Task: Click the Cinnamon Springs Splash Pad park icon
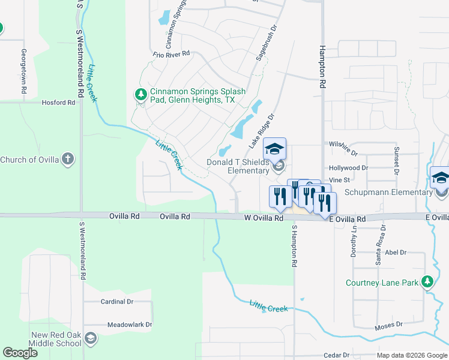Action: tap(140, 95)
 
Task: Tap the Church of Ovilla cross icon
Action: tap(68, 159)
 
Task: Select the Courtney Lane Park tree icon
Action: tap(427, 282)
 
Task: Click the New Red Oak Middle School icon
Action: tap(91, 339)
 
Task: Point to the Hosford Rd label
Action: tap(58, 103)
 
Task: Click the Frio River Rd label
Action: tap(171, 53)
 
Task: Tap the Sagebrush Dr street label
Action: tap(265, 43)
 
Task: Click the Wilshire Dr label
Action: tap(343, 145)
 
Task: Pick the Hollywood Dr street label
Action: tap(348, 168)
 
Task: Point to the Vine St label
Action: tap(339, 179)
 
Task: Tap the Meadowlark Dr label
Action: tap(130, 325)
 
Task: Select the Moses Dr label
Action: tap(389, 325)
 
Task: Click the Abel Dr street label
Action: tap(396, 253)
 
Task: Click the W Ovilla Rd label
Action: tap(264, 218)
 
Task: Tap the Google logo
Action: tap(20, 353)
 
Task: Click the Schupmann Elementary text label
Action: tap(388, 192)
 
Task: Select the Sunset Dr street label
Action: tap(396, 160)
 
